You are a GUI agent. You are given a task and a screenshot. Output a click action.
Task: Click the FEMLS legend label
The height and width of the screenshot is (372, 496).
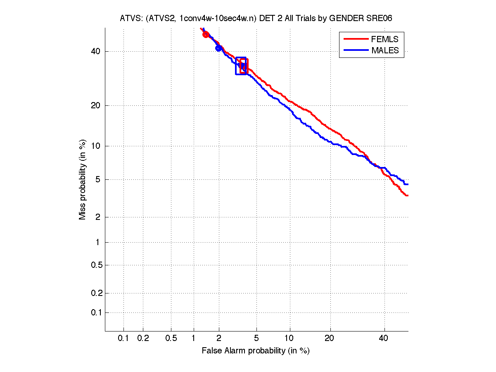click(x=385, y=39)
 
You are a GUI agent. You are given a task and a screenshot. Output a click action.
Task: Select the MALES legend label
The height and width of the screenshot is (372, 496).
click(x=385, y=50)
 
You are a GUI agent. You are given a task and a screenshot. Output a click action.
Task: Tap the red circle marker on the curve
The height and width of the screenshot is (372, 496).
click(x=206, y=35)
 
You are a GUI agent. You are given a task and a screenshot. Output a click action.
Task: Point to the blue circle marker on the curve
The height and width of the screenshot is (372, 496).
click(x=219, y=48)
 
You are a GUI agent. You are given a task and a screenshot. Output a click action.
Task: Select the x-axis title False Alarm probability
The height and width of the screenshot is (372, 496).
click(x=256, y=351)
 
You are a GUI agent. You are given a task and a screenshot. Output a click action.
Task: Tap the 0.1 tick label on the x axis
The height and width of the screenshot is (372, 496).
click(x=123, y=339)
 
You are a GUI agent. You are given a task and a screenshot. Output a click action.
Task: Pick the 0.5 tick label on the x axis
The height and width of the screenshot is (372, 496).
click(x=171, y=339)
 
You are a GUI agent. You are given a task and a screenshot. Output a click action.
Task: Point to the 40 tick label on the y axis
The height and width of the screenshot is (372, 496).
click(x=96, y=52)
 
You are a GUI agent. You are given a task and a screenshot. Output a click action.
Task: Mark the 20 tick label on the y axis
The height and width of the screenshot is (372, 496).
click(x=96, y=105)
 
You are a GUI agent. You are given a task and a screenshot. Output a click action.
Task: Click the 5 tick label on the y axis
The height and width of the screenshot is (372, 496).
click(x=98, y=180)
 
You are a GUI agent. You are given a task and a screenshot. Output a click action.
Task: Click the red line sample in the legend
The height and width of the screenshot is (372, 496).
click(x=355, y=39)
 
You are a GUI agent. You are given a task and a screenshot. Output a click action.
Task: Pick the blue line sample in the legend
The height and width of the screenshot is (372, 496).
click(x=355, y=50)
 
